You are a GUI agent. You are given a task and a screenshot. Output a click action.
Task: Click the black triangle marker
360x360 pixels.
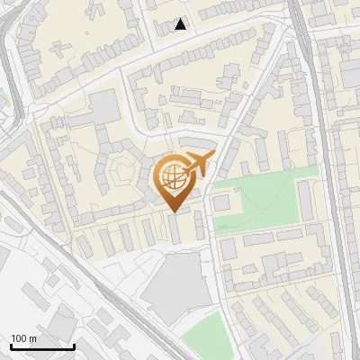(181, 24)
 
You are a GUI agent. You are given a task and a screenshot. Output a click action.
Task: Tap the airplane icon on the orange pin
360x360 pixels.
(198, 165)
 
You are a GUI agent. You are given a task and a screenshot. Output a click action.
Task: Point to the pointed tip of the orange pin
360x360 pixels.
(174, 211)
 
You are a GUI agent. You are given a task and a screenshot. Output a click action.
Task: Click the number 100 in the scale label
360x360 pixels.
(20, 338)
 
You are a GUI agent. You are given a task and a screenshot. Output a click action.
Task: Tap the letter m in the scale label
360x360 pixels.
(33, 338)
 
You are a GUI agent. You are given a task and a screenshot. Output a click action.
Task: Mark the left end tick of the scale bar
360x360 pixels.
(11, 346)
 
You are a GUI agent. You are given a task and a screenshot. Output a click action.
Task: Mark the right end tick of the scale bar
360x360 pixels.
(74, 346)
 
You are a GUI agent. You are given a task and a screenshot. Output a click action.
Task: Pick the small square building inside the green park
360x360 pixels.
(222, 204)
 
